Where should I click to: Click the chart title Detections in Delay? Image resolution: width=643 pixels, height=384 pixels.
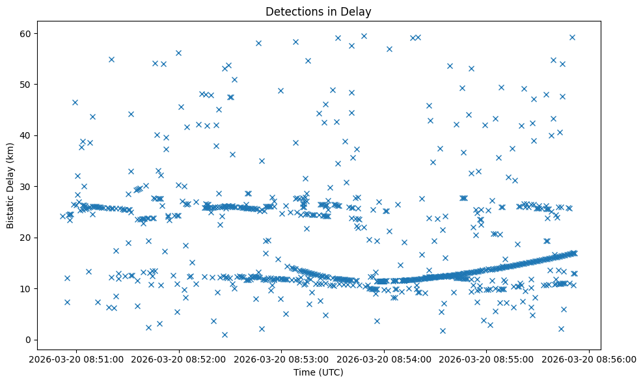click(x=318, y=11)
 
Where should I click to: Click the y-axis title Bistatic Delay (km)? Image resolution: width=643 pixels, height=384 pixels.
click(x=10, y=185)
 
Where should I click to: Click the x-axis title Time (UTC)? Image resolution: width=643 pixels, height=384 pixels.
click(x=318, y=373)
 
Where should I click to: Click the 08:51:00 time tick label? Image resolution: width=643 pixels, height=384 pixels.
click(x=77, y=359)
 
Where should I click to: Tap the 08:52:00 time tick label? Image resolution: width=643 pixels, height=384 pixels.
click(x=179, y=359)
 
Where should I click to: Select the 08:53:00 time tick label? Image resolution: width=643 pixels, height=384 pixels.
click(x=282, y=359)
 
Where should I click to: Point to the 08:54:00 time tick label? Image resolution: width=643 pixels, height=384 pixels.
click(x=384, y=359)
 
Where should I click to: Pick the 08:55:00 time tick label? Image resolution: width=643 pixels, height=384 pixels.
click(x=487, y=359)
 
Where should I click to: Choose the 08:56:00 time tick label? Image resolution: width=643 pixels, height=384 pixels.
click(x=589, y=359)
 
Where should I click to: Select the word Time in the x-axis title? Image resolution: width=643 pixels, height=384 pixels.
click(x=304, y=373)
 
